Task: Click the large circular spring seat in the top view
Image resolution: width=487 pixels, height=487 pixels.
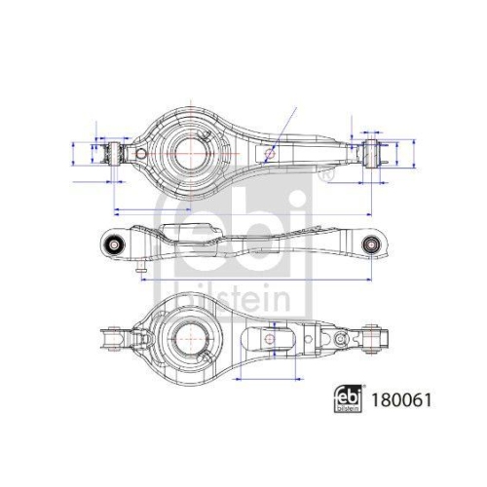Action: [189, 151]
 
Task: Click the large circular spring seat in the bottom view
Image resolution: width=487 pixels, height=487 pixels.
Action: [187, 339]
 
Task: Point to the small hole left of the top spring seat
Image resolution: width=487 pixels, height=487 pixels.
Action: [141, 155]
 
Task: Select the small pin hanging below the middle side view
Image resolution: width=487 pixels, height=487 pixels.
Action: [142, 265]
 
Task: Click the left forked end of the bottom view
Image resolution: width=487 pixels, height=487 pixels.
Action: [113, 340]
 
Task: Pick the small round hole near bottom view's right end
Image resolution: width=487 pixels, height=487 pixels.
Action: [341, 340]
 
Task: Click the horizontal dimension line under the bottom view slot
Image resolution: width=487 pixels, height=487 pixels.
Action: [268, 377]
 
